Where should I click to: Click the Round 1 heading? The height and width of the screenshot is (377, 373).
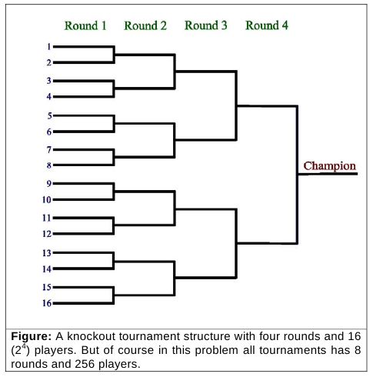coord(85,25)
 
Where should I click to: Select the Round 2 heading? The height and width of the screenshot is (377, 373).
coord(145,25)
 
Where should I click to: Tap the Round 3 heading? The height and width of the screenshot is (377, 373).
coord(206,25)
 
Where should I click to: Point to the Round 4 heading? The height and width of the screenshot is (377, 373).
coord(267,25)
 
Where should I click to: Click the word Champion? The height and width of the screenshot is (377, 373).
coord(330,166)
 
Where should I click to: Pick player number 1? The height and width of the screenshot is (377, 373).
coord(49,47)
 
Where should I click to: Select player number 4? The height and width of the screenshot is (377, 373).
coord(49,97)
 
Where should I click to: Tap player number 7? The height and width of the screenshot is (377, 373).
coord(49,149)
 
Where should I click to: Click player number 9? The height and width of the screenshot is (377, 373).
coord(49,184)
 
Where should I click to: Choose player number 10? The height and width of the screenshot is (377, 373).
coord(47,199)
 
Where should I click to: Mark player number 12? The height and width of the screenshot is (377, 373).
coord(47,234)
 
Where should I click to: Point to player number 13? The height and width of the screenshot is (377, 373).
coord(47,253)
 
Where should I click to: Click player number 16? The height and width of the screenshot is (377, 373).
coord(47,303)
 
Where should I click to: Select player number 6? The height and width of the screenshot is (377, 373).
coord(49,132)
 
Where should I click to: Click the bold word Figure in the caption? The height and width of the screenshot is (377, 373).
coord(32,336)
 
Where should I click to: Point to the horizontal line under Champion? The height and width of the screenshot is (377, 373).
coord(328,174)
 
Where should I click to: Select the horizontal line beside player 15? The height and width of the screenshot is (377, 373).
coord(84,287)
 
